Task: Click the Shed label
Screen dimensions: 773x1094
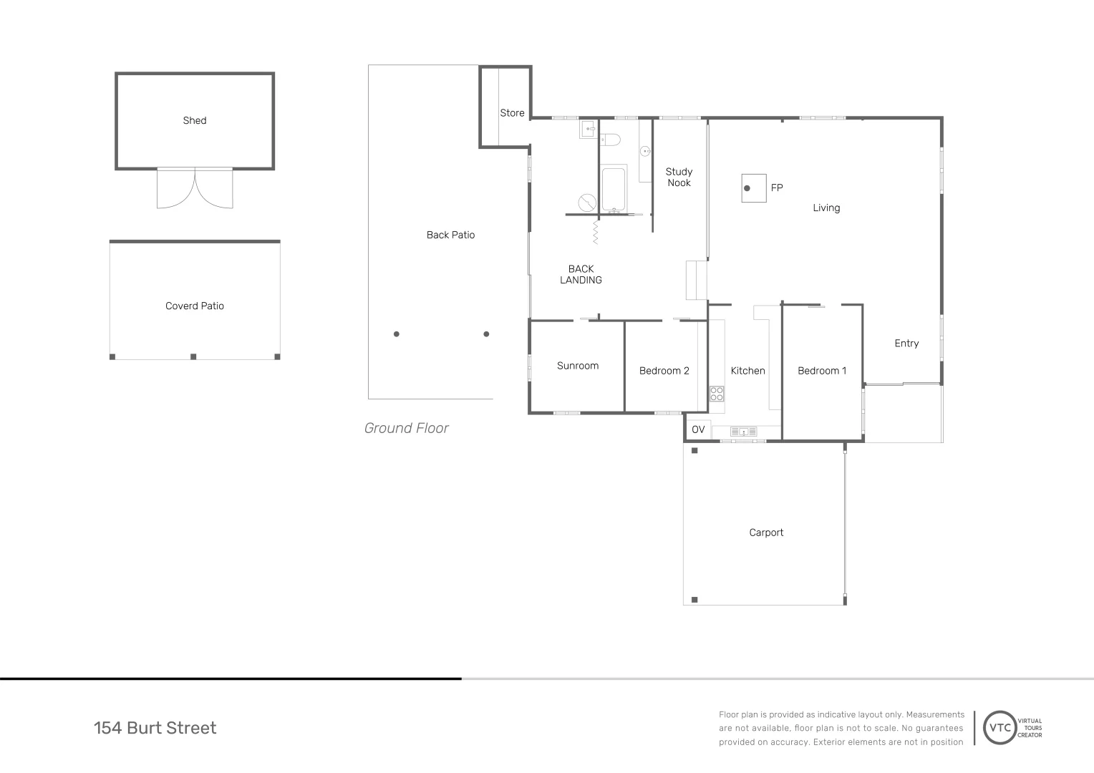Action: pyautogui.click(x=194, y=120)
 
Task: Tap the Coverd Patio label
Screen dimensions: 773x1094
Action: pyautogui.click(x=194, y=306)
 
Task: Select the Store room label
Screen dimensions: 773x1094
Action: pyautogui.click(x=512, y=113)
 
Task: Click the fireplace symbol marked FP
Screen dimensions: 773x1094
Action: pyautogui.click(x=753, y=188)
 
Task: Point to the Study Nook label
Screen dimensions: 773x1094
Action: pyautogui.click(x=679, y=177)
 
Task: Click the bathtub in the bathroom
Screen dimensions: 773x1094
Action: pyautogui.click(x=614, y=189)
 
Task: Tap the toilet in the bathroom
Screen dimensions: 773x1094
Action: pyautogui.click(x=610, y=139)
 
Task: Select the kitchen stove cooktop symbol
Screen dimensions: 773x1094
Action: pyautogui.click(x=717, y=394)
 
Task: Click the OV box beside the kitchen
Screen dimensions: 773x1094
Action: pyautogui.click(x=698, y=429)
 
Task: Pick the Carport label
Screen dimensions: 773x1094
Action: pyautogui.click(x=766, y=533)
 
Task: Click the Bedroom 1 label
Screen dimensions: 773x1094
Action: pyautogui.click(x=822, y=371)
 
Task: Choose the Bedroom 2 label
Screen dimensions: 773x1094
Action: pyautogui.click(x=664, y=371)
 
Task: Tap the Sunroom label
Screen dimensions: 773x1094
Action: pyautogui.click(x=578, y=366)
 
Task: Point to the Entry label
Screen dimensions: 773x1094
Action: pyautogui.click(x=906, y=344)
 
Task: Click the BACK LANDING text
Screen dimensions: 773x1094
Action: pyautogui.click(x=581, y=275)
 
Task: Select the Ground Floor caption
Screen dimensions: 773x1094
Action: pyautogui.click(x=406, y=428)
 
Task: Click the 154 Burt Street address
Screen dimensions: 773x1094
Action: pyautogui.click(x=155, y=728)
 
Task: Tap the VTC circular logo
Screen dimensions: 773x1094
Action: pyautogui.click(x=1000, y=728)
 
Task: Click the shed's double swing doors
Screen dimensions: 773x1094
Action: pyautogui.click(x=195, y=188)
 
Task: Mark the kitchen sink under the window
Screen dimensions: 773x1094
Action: pyautogui.click(x=743, y=432)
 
